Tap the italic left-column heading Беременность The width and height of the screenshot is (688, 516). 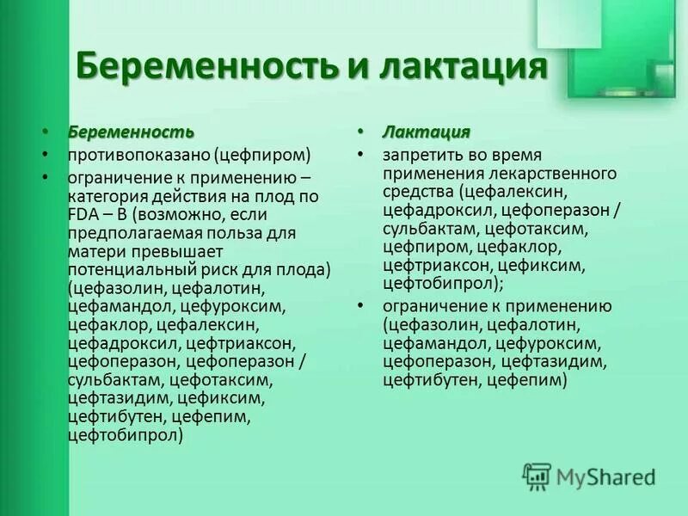132,132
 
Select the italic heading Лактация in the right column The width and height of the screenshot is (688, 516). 427,132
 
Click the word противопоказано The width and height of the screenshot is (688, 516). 131,156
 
